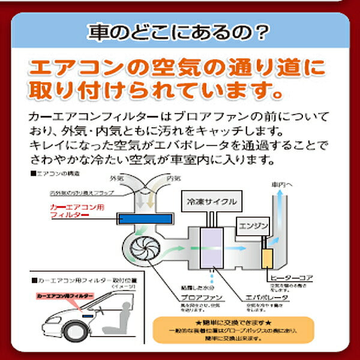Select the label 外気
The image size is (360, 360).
point(117,178)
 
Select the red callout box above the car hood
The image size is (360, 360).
point(62,296)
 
